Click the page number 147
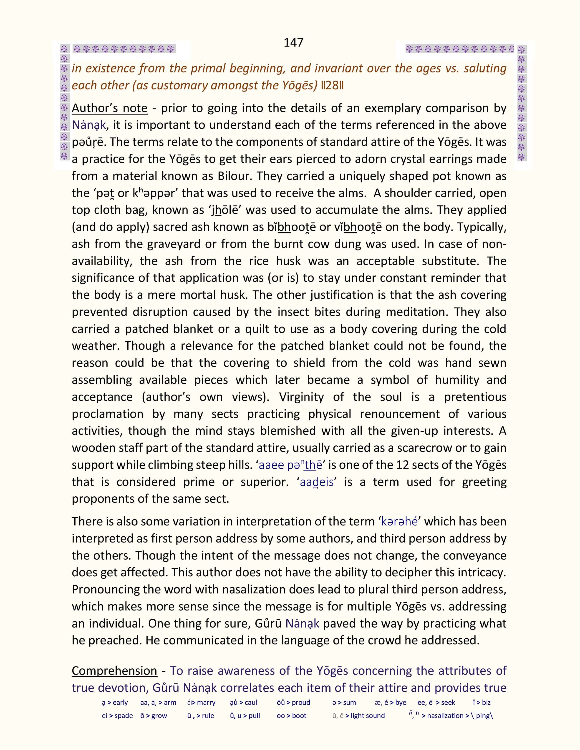click(293, 42)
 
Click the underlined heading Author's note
click(109, 108)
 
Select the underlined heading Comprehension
click(114, 671)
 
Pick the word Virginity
click(301, 397)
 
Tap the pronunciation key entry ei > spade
click(117, 716)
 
